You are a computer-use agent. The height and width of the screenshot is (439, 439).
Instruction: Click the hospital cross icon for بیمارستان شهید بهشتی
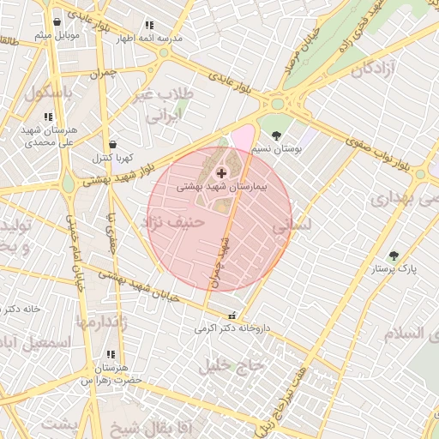click(x=222, y=173)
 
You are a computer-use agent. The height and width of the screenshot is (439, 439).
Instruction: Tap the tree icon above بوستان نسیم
click(x=276, y=135)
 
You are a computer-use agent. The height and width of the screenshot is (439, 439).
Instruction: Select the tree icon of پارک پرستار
click(x=394, y=256)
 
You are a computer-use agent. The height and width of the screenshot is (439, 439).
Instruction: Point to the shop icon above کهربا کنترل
click(x=113, y=145)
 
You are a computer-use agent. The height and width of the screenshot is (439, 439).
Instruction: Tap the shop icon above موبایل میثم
click(x=57, y=22)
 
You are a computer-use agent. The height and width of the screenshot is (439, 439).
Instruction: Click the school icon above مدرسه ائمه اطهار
click(x=150, y=26)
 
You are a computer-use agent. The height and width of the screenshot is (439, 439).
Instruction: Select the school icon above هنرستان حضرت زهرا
click(x=110, y=354)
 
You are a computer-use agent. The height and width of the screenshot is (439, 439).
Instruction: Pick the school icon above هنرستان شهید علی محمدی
click(x=48, y=117)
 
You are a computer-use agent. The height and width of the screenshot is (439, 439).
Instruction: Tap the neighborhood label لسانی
click(x=292, y=227)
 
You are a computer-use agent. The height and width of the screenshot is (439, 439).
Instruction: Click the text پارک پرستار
click(x=394, y=269)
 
